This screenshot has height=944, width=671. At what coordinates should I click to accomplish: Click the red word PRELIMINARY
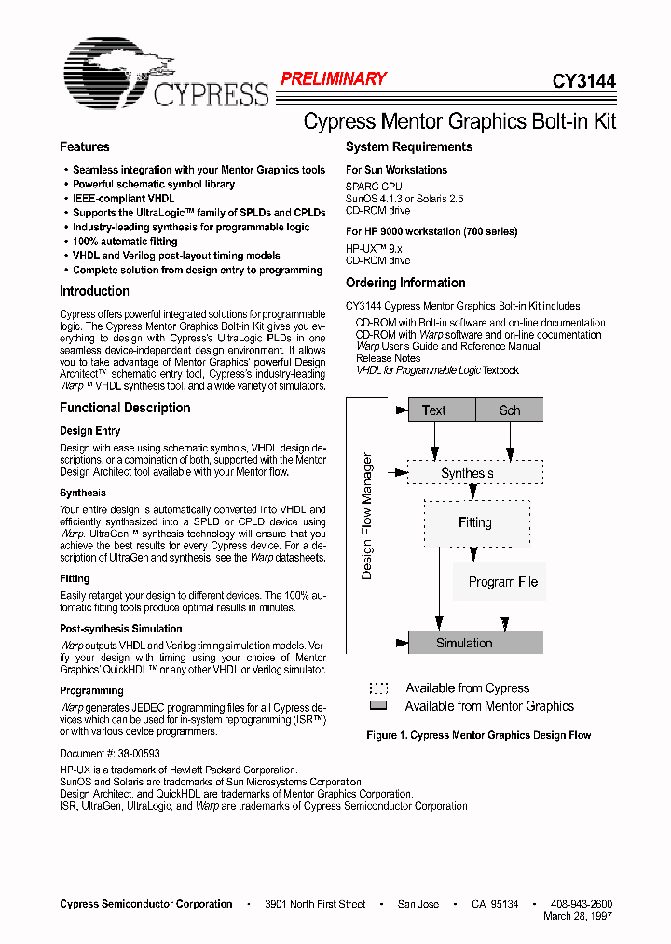tap(333, 79)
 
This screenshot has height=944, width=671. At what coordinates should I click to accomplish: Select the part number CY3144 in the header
tap(584, 81)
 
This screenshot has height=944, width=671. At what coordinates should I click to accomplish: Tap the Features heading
tap(84, 147)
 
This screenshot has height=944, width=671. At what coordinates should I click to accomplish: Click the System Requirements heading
tap(408, 147)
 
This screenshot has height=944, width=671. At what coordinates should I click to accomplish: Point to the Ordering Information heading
tap(405, 283)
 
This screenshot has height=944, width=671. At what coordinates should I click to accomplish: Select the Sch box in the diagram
tap(510, 410)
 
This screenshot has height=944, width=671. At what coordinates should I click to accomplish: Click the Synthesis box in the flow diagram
tap(467, 473)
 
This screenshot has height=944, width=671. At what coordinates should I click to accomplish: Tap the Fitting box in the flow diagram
tap(475, 522)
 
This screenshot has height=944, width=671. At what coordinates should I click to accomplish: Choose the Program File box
tap(502, 582)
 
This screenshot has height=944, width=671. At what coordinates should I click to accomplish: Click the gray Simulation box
tap(475, 643)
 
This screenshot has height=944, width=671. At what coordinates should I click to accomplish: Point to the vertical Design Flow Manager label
tap(367, 517)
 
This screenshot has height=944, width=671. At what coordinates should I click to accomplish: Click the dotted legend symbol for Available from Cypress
tap(378, 688)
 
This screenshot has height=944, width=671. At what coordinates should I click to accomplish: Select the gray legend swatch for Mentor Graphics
tap(378, 706)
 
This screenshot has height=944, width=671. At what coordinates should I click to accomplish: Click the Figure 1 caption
tap(478, 735)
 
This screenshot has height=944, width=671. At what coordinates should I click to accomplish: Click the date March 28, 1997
tap(578, 916)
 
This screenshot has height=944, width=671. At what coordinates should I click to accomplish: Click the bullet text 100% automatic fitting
tap(125, 242)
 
